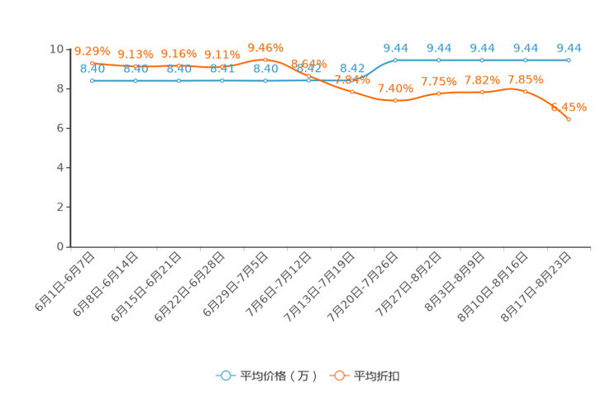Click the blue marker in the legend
click(x=226, y=375)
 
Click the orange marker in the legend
click(x=339, y=375)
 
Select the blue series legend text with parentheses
click(x=278, y=376)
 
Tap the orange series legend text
click(x=378, y=376)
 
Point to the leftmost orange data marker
click(x=92, y=63)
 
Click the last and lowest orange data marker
click(x=569, y=120)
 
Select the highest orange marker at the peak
click(x=265, y=60)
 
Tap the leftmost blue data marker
click(x=92, y=80)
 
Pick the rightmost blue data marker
click(x=569, y=60)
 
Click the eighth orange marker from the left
click(x=396, y=100)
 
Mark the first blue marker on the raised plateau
click(x=396, y=60)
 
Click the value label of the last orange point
click(x=569, y=107)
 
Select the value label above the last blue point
click(x=569, y=48)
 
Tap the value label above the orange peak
click(x=265, y=47)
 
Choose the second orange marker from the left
click(x=135, y=65)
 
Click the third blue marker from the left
click(x=179, y=80)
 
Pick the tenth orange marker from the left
click(x=482, y=92)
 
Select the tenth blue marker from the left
click(x=482, y=60)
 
